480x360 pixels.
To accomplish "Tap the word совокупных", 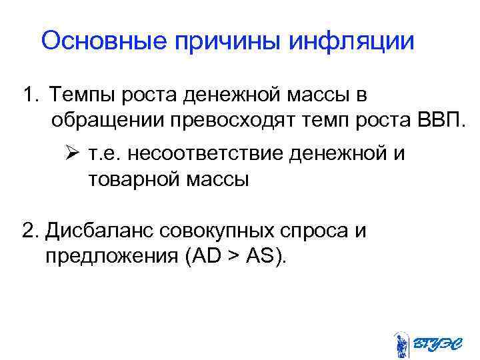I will tap(223, 231).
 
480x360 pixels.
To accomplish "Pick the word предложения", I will tap(109, 256).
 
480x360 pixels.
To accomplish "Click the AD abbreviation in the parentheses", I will tap(198, 255).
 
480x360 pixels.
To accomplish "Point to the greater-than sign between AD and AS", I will tap(227, 256).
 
